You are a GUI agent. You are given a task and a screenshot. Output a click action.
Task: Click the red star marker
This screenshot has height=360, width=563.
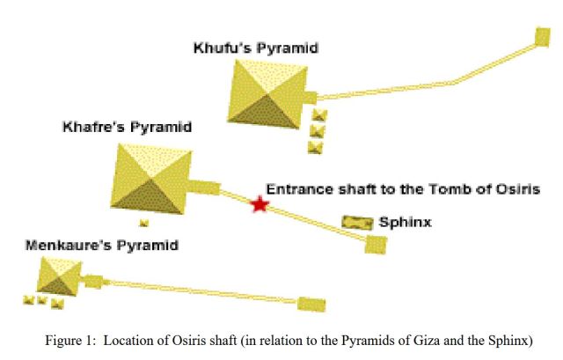tap(259, 204)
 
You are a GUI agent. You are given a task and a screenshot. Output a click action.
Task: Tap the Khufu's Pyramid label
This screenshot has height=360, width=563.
tap(255, 48)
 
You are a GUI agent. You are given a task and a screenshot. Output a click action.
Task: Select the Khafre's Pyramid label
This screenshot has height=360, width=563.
tap(127, 128)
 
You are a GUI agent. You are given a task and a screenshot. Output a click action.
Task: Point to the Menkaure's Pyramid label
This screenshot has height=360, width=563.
tap(101, 245)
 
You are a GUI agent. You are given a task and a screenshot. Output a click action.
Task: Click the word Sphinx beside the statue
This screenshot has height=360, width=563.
tap(405, 223)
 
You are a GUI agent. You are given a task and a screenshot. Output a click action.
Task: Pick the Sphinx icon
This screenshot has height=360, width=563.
tap(357, 224)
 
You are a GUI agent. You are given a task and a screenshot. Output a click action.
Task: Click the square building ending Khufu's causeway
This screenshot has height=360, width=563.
tap(543, 38)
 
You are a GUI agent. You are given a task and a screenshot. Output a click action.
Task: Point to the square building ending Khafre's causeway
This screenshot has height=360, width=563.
tap(376, 244)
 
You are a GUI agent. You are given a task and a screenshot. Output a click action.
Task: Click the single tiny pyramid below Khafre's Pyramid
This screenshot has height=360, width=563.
tap(144, 224)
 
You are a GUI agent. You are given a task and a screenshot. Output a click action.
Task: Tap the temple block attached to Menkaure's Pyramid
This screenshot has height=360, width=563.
tap(91, 282)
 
